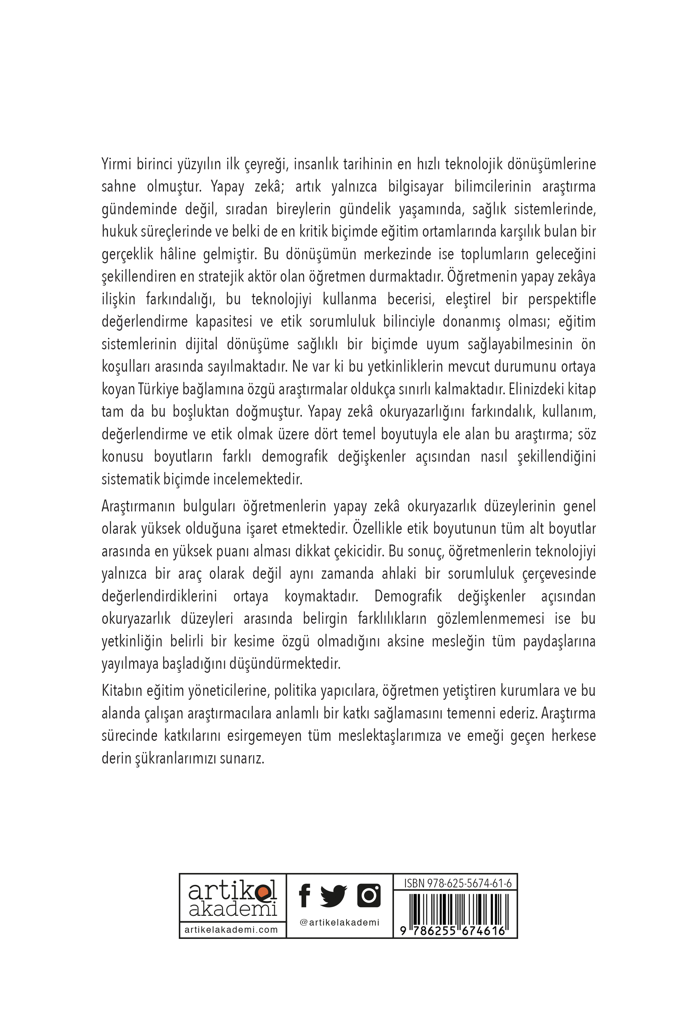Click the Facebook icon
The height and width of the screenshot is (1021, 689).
pos(304,895)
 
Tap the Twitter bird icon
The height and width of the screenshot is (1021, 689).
pos(333,896)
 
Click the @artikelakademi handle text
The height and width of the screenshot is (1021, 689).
pos(339,923)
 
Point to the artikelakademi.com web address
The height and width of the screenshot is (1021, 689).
pos(231,930)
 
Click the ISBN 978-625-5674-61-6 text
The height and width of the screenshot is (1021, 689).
pos(458,883)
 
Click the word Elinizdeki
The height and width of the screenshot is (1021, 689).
pos(541,389)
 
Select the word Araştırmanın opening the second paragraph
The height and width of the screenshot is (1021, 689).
pos(137,506)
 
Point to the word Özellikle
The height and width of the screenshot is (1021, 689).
pos(378,529)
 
